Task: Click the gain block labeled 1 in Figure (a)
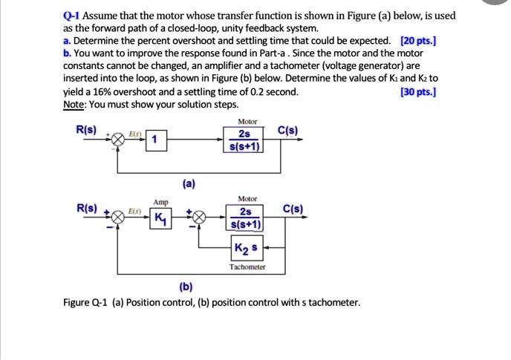[x=154, y=139]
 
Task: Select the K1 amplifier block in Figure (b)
[x=160, y=219]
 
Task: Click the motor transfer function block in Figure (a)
[x=244, y=139]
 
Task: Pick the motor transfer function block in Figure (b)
[x=245, y=219]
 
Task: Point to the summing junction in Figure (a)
[x=117, y=139]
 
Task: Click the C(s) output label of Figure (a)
[x=288, y=131]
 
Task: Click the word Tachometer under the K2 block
[x=246, y=266]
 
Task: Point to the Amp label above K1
[x=160, y=202]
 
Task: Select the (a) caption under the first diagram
[x=189, y=183]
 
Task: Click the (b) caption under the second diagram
[x=186, y=287]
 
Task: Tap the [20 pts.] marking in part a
[x=418, y=41]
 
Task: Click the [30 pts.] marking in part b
[x=418, y=92]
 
